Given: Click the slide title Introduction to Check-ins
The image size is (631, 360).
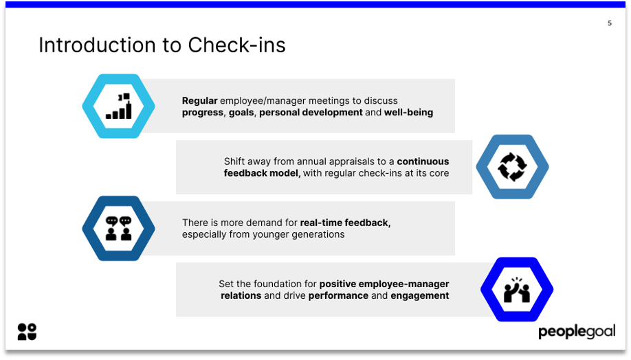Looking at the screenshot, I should point(162,45).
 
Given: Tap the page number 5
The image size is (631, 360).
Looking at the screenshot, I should point(609,23).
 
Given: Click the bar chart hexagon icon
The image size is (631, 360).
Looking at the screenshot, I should point(118,106).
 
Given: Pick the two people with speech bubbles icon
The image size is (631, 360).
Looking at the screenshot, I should point(118,228).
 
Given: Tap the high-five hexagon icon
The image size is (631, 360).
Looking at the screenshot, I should point(516,289).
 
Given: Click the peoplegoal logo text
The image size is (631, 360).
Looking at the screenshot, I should point(576,332).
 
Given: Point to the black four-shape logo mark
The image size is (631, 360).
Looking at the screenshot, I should point(27,331).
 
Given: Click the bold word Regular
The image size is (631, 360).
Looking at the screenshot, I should point(199,100).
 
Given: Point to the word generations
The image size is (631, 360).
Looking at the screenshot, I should point(319,234).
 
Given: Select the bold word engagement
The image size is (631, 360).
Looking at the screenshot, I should point(419,295).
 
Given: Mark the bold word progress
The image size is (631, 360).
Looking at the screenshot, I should point(203,112).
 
